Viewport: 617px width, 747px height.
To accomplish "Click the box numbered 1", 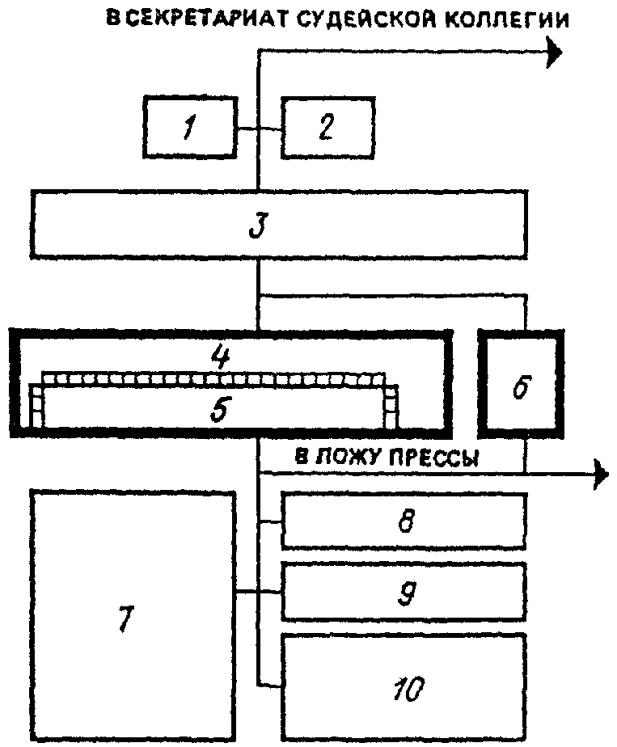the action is pos(190,127).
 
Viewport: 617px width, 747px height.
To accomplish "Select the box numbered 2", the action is pos(328,127).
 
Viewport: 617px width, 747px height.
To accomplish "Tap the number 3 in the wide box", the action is pos(259,226).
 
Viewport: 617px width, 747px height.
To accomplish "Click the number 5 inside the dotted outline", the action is pos(220,409).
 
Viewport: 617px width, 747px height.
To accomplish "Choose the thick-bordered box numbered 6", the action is pos(521,383).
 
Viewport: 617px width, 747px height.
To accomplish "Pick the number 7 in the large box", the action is pos(125,618).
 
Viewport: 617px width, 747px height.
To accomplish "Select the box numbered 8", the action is pos(404,521).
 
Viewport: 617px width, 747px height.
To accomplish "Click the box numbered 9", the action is pos(404,592).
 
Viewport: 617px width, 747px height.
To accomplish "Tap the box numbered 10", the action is pos(404,686).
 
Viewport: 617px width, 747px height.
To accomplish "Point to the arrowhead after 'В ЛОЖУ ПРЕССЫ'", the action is pos(601,474).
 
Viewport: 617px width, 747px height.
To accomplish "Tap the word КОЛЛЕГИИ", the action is pos(506,20).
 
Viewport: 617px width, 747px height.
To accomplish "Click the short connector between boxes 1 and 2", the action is pos(260,129).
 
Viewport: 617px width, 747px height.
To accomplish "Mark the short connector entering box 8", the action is pos(269,522).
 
